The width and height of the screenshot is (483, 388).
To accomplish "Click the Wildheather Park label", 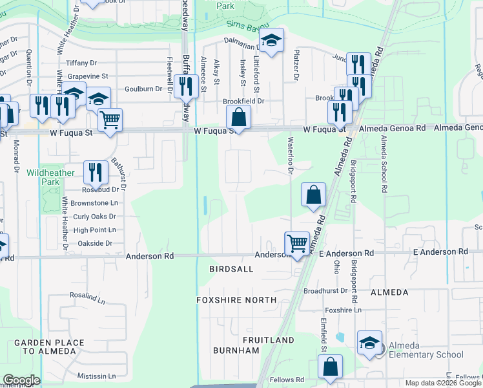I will (51, 178).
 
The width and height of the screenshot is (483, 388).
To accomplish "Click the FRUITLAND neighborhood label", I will (268, 339).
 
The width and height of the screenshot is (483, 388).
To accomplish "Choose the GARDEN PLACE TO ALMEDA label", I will (49, 347).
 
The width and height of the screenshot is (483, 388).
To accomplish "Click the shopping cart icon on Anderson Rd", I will (297, 244).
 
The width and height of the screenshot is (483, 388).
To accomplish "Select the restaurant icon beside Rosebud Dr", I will (96, 171).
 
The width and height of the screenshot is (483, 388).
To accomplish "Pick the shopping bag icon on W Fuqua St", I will (238, 118).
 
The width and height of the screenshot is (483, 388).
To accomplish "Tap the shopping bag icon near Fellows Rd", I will (330, 366).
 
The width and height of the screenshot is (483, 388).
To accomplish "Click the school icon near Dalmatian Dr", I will (272, 40).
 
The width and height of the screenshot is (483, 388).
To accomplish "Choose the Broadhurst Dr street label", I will (325, 291).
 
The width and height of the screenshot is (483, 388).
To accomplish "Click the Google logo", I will (21, 380).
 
